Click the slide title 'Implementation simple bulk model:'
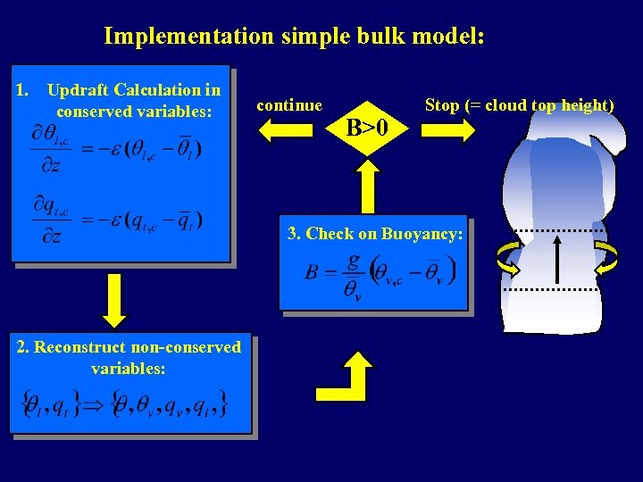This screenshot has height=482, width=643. [294, 37]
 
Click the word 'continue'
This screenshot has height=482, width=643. [289, 105]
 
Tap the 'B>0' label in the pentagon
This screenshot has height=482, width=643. [368, 129]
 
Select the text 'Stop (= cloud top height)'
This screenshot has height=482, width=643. [519, 105]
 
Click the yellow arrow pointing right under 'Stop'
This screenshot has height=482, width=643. [449, 130]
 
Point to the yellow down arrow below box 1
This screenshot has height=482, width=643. [113, 302]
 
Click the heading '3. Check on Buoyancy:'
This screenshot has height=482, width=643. [375, 234]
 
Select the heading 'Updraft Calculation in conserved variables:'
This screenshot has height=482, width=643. [133, 101]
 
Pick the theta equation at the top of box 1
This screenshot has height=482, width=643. [116, 147]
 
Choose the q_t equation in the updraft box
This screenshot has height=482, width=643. [116, 220]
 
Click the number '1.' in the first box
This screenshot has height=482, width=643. [25, 90]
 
